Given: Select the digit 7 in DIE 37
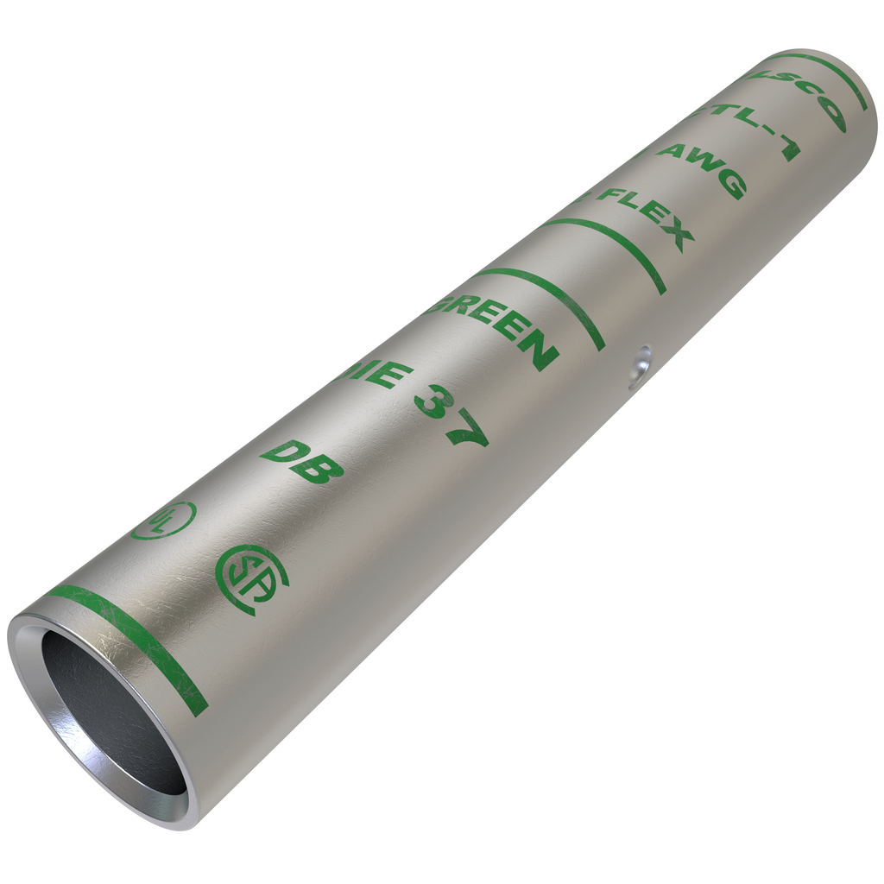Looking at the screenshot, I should [x=467, y=431].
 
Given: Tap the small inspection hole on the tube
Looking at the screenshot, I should [x=640, y=368].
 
